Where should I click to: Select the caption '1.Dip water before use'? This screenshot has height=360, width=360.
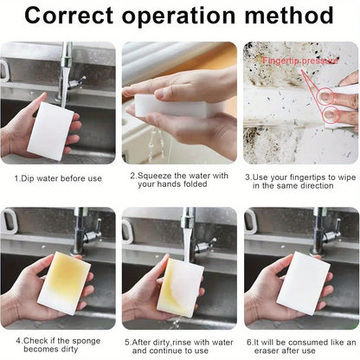click(x=57, y=177)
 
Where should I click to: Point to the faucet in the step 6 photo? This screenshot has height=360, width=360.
click(x=324, y=229)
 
